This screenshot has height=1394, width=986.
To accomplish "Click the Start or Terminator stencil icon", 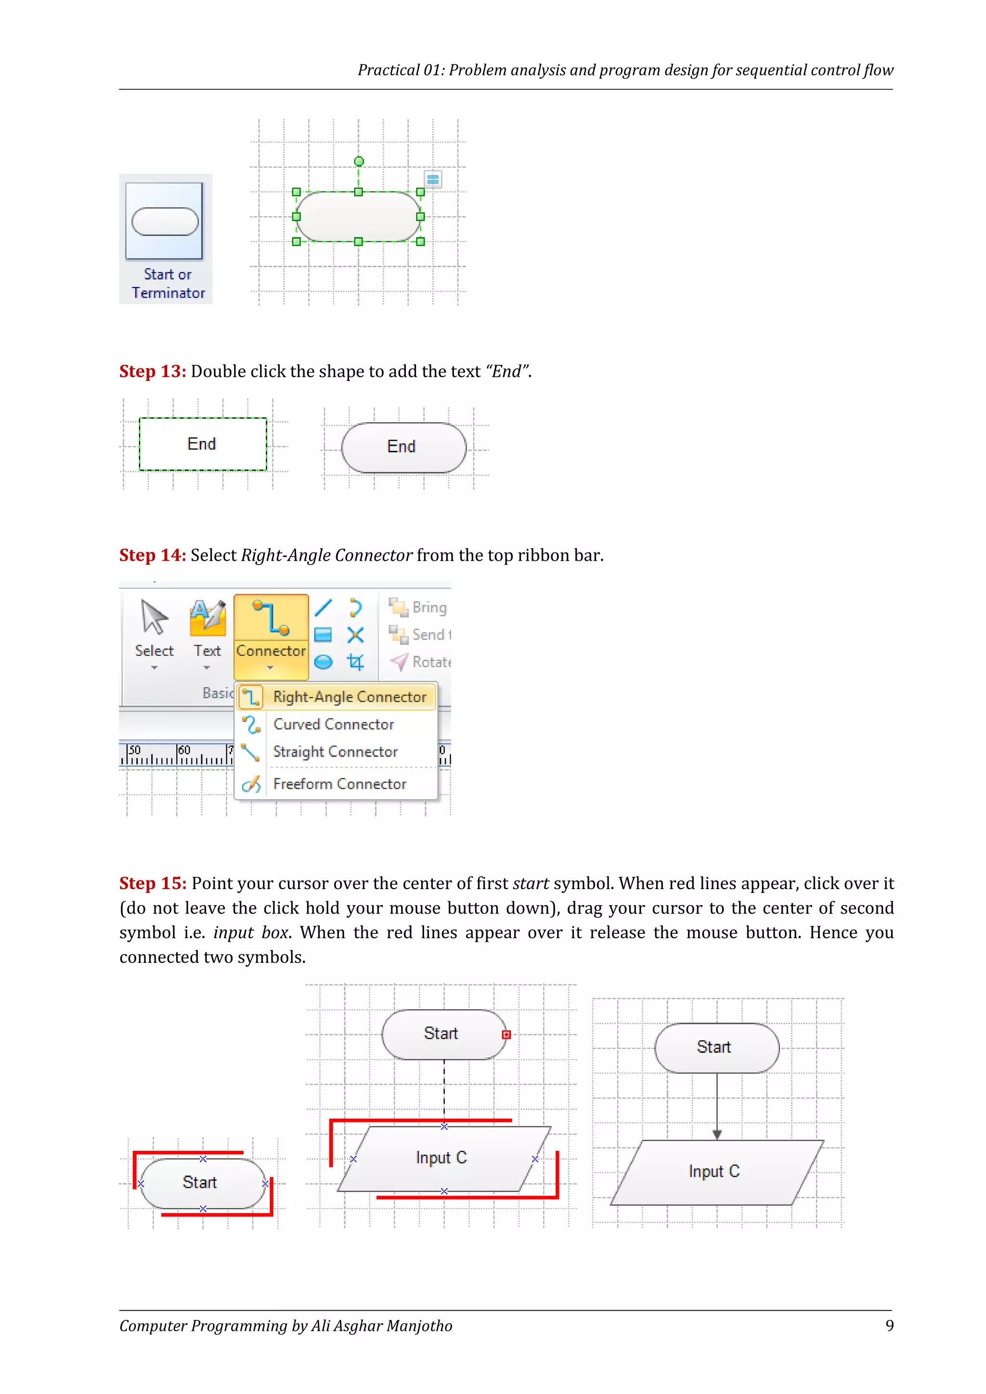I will point(165,221).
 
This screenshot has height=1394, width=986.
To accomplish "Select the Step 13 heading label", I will point(153,372).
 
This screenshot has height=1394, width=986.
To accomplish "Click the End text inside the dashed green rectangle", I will point(202,444).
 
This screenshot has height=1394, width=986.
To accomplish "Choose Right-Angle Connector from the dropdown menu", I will point(349,697).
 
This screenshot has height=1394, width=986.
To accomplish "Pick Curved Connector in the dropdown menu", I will point(333,724).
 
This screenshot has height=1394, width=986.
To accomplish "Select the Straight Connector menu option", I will point(335,752).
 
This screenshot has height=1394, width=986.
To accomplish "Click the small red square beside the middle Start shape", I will point(506,1034).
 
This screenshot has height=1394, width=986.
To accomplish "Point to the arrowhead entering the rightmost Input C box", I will point(717,1134).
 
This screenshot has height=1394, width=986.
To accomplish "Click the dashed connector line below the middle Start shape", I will point(444,1090).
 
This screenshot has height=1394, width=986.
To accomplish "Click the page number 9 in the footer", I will point(889,1326).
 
